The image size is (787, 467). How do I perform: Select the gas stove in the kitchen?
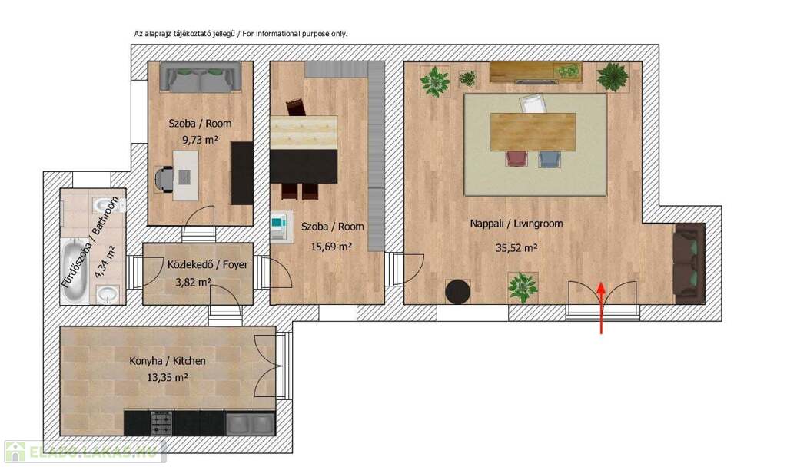click(x=161, y=423)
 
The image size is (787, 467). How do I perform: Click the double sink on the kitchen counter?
click(x=251, y=424)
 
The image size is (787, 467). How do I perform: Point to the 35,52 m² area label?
click(x=517, y=248)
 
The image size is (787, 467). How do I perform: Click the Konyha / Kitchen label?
click(x=168, y=361)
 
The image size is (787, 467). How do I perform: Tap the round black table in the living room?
click(x=458, y=291)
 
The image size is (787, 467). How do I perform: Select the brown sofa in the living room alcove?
click(x=689, y=264)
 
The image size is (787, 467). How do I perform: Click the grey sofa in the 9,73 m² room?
click(x=201, y=77)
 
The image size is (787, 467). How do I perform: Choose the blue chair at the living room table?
click(x=550, y=158)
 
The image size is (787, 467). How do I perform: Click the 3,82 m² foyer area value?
click(x=193, y=283)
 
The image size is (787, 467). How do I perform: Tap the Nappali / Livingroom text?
click(x=516, y=224)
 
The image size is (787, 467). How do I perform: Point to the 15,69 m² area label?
click(x=331, y=247)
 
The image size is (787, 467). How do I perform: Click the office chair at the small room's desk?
click(x=164, y=179)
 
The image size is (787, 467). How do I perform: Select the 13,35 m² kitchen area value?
click(x=168, y=377)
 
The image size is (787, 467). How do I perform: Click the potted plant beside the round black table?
click(x=523, y=288)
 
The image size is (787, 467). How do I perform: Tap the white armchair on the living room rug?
click(x=533, y=104)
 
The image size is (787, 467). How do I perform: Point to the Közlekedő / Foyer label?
click(x=208, y=264)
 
